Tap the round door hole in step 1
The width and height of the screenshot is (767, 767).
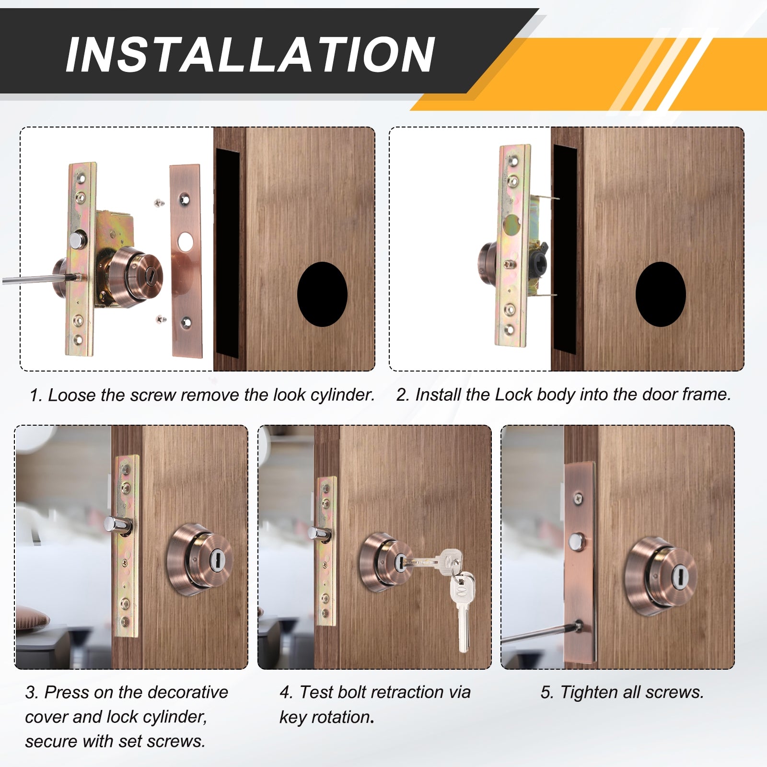322,294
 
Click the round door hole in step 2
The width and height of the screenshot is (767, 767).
661,294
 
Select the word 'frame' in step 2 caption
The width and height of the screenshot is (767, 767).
706,395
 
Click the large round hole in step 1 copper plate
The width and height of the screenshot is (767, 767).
185,242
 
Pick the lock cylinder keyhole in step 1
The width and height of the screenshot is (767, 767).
150,277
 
